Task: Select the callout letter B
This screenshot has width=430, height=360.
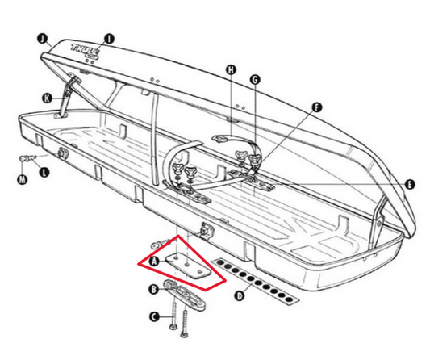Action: [x=152, y=288]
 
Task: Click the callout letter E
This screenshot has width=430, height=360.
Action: [x=410, y=185]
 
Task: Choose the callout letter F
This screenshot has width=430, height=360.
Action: [x=316, y=107]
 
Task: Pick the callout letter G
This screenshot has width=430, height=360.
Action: [x=255, y=79]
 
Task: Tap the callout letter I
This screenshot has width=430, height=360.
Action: [x=110, y=37]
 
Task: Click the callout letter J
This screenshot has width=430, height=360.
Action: [x=42, y=36]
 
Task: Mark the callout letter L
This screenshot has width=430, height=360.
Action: [x=44, y=172]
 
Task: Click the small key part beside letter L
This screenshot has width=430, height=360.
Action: [x=30, y=157]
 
